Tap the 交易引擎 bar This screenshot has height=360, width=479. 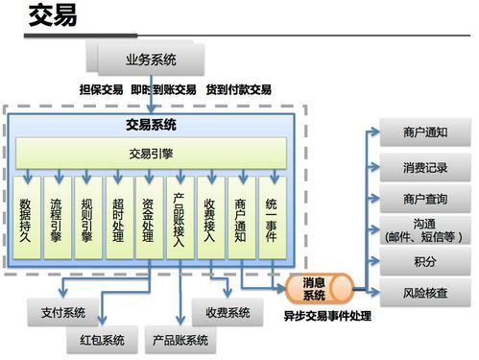pos(151,151)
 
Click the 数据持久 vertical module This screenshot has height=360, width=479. pos(28,218)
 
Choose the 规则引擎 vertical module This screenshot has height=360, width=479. pos(88,218)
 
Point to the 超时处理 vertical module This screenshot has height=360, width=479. pos(119,218)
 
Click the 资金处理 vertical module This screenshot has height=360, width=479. pos(150,218)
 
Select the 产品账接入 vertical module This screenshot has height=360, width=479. pos(180,218)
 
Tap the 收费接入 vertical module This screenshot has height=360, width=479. pos(211,218)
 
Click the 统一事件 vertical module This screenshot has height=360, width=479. pos(272,218)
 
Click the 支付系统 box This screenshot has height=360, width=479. pos(65,312)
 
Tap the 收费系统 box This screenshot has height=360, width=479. pos(228,312)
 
